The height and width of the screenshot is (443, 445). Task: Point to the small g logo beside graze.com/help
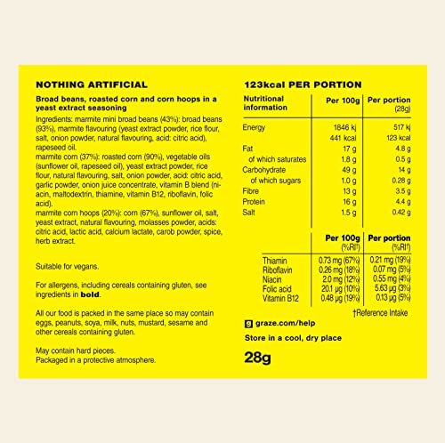[248, 324]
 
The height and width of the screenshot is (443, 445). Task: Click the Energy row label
[255, 128]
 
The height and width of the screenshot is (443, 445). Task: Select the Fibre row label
[254, 190]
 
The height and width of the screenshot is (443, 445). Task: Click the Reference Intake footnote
[383, 311]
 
